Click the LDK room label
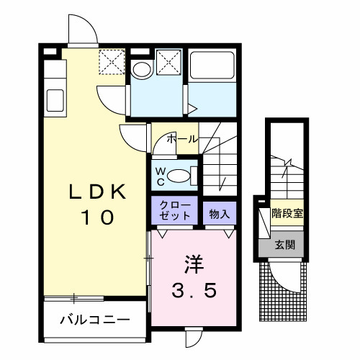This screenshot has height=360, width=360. [98, 192]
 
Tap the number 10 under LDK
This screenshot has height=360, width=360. [98, 217]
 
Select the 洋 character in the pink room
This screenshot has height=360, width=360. [194, 264]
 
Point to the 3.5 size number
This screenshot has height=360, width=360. [194, 289]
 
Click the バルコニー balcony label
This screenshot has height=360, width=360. [95, 320]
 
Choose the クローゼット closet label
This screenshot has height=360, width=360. [175, 210]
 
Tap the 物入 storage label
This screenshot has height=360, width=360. [220, 214]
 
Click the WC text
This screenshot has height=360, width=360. [161, 176]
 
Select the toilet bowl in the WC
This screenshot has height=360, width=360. [179, 176]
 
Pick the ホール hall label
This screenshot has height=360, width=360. [182, 139]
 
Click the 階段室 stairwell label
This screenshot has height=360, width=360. [287, 213]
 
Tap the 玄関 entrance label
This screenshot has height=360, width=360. [285, 245]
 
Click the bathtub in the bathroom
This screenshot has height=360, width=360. [212, 65]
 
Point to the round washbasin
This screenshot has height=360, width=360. [142, 70]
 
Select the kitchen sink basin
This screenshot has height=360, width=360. [55, 101]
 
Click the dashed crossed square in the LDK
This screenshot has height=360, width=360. [112, 62]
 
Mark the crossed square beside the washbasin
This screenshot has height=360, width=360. [168, 62]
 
